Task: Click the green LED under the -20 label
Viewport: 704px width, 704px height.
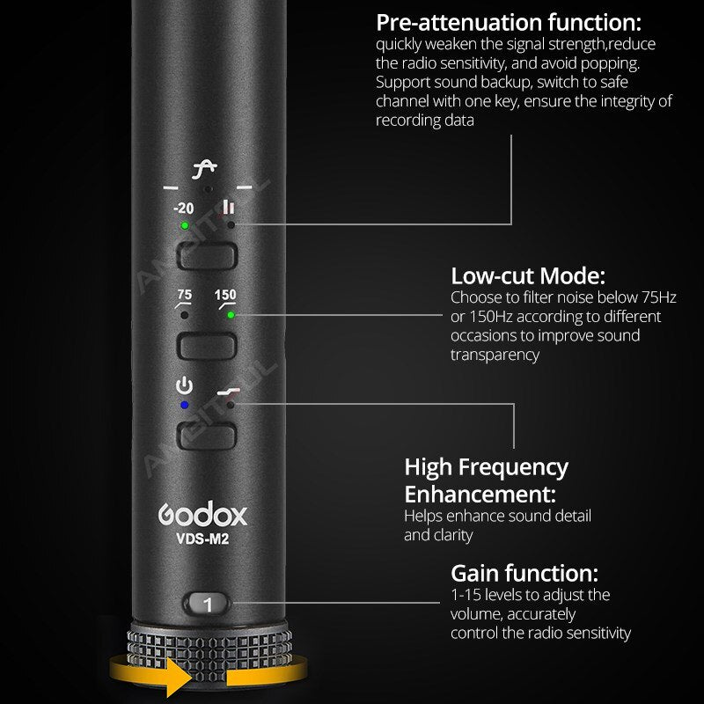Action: click(185, 225)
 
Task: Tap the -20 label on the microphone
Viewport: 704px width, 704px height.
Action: click(183, 209)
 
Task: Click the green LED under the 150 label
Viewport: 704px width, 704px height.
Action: click(231, 314)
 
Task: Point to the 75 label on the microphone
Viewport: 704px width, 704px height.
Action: click(184, 296)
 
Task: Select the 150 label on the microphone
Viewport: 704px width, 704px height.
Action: click(225, 296)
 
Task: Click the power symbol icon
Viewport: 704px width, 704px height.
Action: click(184, 385)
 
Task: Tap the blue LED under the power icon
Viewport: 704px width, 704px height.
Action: click(184, 405)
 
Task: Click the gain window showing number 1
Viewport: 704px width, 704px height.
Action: click(208, 605)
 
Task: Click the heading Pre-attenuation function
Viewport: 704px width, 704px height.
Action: click(509, 22)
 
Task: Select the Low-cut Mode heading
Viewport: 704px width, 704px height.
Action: click(528, 276)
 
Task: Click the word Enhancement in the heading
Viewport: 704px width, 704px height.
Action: click(480, 494)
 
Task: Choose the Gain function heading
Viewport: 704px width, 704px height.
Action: click(524, 575)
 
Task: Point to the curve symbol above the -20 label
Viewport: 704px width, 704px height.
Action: click(209, 168)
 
